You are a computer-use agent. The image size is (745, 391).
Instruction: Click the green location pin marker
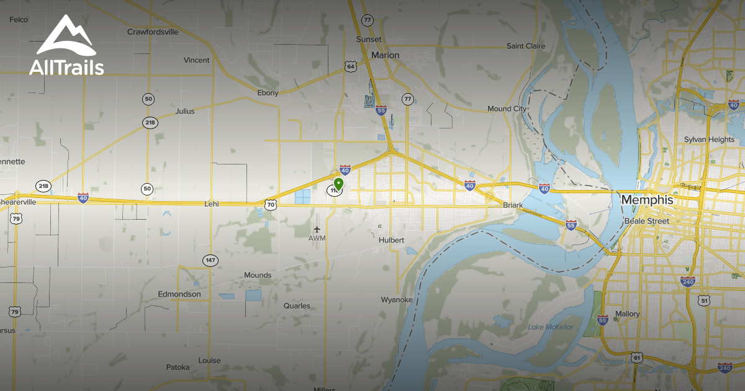click(338, 184)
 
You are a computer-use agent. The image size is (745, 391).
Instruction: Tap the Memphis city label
click(647, 200)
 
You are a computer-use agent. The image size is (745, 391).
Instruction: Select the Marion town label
click(385, 55)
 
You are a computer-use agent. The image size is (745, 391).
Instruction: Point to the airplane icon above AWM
click(317, 230)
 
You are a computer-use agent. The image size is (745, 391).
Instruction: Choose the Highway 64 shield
click(351, 66)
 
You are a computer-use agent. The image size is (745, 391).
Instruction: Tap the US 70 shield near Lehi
click(269, 204)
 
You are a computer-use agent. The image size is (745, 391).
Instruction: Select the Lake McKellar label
click(551, 327)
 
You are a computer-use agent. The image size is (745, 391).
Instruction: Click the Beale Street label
click(646, 221)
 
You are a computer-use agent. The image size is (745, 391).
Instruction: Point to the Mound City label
click(507, 109)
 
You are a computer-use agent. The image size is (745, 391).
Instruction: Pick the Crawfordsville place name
click(153, 32)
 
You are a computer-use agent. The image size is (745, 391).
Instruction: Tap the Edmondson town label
click(179, 294)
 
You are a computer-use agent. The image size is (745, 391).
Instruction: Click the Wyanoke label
click(397, 300)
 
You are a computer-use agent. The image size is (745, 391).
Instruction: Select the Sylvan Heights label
click(709, 140)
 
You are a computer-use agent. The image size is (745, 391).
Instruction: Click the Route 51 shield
click(704, 300)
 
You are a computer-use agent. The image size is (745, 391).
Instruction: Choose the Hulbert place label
click(391, 240)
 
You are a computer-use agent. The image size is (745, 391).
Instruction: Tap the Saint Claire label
click(526, 46)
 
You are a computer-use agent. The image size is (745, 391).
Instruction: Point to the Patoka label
click(178, 367)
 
